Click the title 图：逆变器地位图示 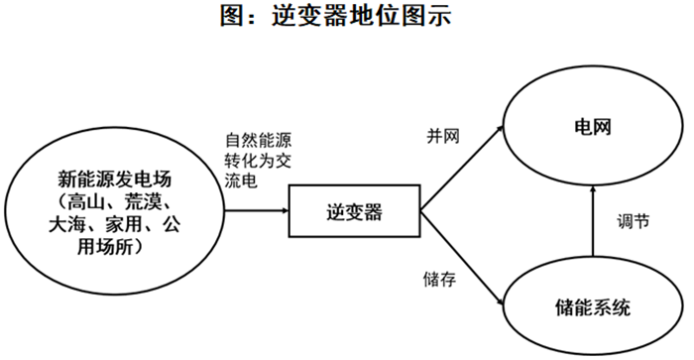click(x=335, y=17)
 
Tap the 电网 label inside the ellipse click(x=593, y=127)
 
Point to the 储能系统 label click(x=593, y=306)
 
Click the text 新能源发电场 click(x=115, y=180)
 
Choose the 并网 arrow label click(x=443, y=136)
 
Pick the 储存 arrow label click(x=439, y=280)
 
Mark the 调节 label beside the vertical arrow click(x=633, y=221)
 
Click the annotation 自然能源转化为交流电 click(x=258, y=161)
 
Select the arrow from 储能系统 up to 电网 click(x=593, y=220)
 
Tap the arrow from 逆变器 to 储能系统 click(x=462, y=258)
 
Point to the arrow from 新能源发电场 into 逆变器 click(x=257, y=211)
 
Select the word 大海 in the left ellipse click(x=67, y=225)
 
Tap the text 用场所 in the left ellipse click(x=105, y=247)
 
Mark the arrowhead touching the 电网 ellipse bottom click(x=593, y=190)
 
